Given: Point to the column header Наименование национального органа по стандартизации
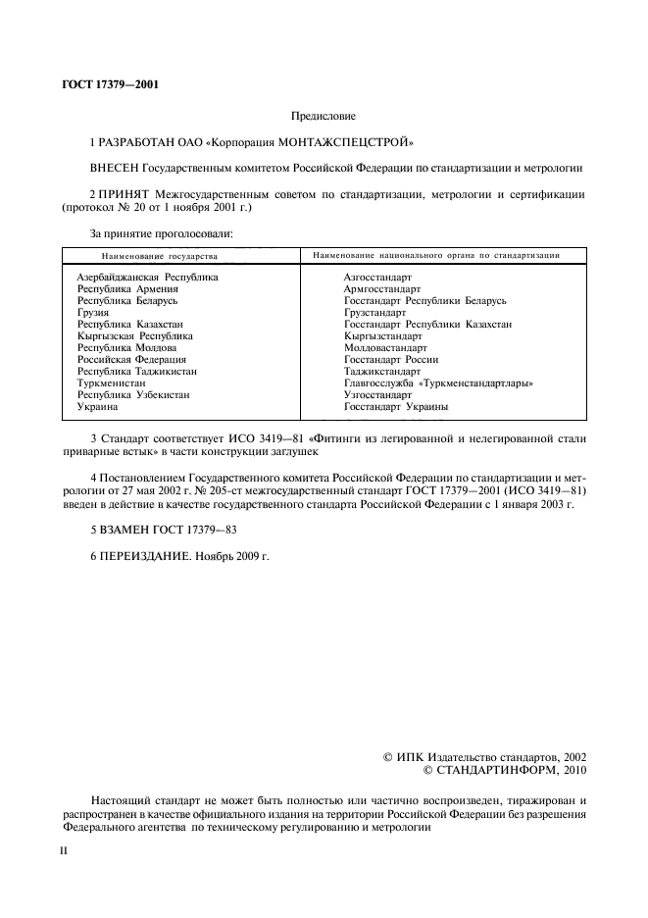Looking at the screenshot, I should click(435, 255).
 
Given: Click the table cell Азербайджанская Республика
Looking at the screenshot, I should click(147, 278).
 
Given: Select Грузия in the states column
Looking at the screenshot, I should click(93, 312).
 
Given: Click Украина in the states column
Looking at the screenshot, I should click(97, 406).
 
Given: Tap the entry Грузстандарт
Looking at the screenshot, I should click(374, 312).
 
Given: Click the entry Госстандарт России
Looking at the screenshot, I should click(391, 359).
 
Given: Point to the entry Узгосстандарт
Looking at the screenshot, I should click(377, 394).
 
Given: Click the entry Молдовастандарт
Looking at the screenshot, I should click(385, 347).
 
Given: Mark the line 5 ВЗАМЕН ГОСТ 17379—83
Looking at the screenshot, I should click(164, 529).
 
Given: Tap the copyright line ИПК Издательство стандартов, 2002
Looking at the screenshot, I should click(484, 757).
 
